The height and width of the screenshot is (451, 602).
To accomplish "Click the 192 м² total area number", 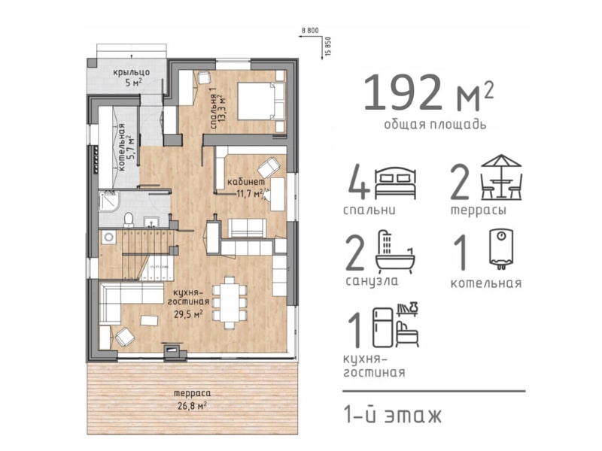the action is coord(428,92).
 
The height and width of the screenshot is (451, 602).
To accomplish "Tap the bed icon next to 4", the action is coord(396,183).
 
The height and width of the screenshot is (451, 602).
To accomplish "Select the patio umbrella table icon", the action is coord(501,177).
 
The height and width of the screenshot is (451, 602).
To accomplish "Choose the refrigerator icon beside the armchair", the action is coord(383,328).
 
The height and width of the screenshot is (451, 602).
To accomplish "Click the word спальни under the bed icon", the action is coord(369,210).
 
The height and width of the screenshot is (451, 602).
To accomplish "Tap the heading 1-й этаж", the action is coord(392,416).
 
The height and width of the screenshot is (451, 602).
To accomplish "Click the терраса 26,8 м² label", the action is coord(192,399).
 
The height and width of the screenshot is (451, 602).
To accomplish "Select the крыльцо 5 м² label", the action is coord(131,77).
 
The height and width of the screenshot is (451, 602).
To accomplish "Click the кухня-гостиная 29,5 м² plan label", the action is coord(188,302).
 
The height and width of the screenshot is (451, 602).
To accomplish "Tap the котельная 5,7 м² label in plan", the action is coord(126,147).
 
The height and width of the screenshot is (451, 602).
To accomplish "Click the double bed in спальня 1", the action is coord(261,101).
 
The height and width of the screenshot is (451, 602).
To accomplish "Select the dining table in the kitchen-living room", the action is coord(230,302).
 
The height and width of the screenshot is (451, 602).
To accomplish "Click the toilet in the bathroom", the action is coord(128,219).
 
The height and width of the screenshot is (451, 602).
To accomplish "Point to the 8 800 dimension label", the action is coord(310,31).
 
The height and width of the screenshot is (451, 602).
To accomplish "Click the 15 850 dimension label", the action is coord(327,47).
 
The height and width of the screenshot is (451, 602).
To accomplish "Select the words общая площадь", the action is coord(435,125).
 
